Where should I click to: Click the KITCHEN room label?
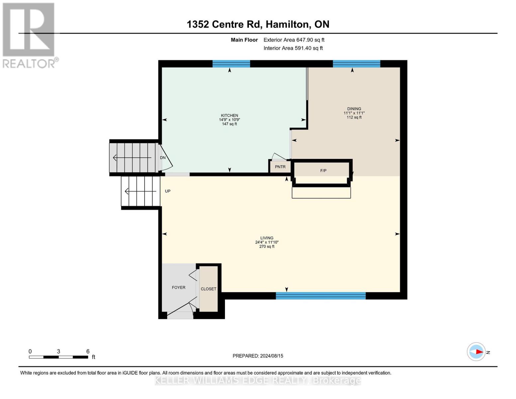[x=229, y=115]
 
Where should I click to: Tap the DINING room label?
[x=354, y=109]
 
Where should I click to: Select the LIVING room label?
[x=266, y=238]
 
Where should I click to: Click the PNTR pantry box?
[x=280, y=167]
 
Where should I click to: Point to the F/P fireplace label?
[x=323, y=171]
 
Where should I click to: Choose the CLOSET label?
[x=208, y=289]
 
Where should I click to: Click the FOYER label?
[x=178, y=287]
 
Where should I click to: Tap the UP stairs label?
[x=168, y=191]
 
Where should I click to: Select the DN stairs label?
[x=163, y=158]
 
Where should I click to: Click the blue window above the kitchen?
[x=231, y=64]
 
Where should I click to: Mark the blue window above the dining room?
[x=356, y=64]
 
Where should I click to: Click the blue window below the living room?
[x=321, y=296]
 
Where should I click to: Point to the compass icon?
[x=476, y=352]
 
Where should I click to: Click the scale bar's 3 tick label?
[x=58, y=351]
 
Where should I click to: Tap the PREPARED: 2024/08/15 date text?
[x=258, y=356]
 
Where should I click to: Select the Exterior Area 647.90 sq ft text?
[x=294, y=40]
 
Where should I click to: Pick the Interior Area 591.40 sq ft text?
[x=293, y=48]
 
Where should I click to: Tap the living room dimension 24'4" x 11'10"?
[x=266, y=242]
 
